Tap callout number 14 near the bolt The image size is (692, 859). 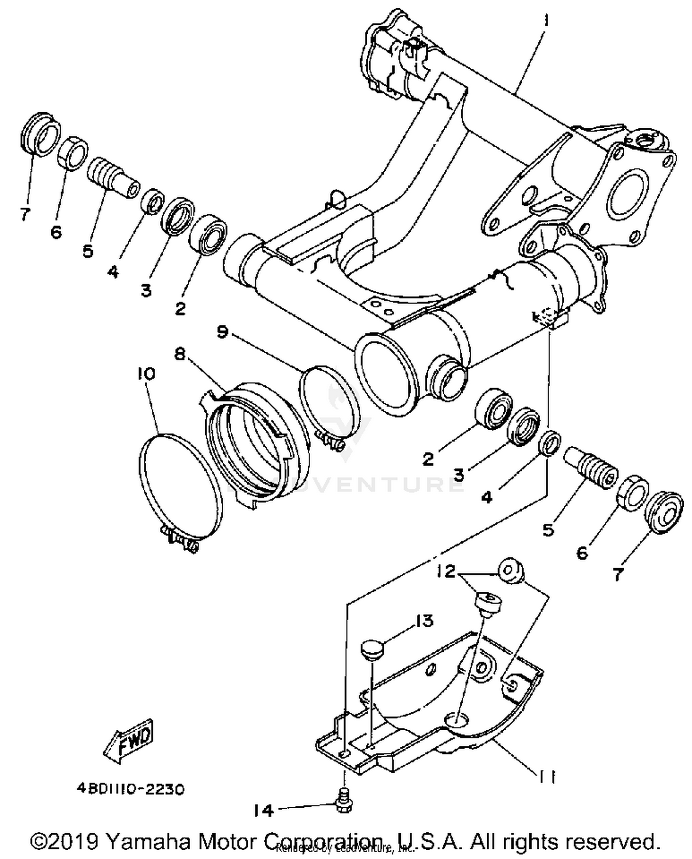click(263, 811)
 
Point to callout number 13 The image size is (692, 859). click(424, 621)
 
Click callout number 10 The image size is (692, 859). click(146, 373)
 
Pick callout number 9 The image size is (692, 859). click(222, 331)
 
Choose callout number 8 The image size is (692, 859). click(179, 354)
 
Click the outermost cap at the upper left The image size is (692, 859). click(40, 132)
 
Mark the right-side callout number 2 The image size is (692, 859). click(428, 459)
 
